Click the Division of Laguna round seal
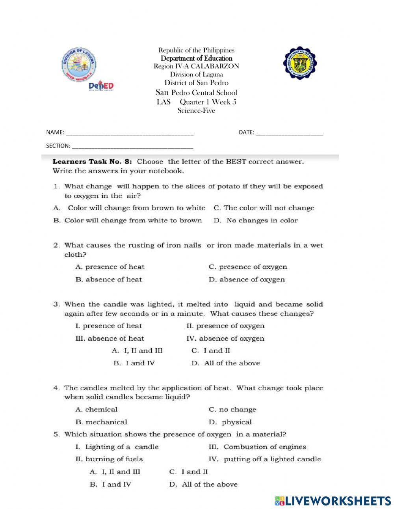79,65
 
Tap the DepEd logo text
101,86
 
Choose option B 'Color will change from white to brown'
128,220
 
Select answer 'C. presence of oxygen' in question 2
248,267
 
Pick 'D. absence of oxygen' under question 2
247,280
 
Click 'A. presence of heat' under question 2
110,267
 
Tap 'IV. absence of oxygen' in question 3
225,338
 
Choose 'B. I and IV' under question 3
134,363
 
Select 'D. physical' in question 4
230,422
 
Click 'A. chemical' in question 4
97,410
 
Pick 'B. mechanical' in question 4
101,422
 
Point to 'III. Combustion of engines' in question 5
257,447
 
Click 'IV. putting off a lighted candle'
264,459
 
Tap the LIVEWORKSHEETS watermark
333,501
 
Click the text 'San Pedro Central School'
196,93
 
